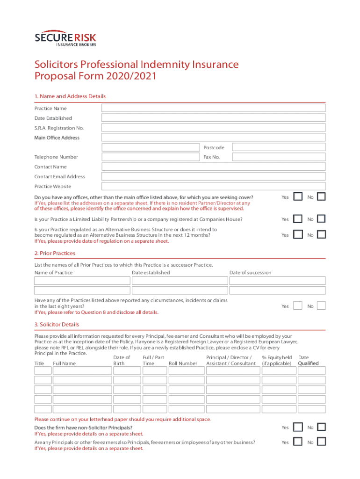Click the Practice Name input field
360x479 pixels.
click(214, 108)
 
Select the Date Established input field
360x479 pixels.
click(214, 118)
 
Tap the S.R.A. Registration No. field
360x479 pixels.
click(214, 128)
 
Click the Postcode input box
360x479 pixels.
click(279, 147)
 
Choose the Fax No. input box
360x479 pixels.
click(279, 157)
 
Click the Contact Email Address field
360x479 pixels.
click(214, 176)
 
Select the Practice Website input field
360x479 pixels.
click(214, 186)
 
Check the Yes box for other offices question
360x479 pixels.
click(297, 197)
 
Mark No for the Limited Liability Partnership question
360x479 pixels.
click(321, 219)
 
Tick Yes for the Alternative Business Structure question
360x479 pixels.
click(297, 234)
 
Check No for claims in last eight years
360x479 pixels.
click(321, 306)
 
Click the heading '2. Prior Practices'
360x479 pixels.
click(55, 253)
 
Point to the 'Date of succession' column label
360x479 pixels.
click(250, 273)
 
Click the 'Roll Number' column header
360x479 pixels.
click(183, 363)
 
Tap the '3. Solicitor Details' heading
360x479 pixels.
click(57, 324)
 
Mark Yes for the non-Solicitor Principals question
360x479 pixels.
click(297, 427)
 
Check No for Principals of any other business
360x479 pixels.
click(321, 442)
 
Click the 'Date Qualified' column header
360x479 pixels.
click(308, 361)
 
